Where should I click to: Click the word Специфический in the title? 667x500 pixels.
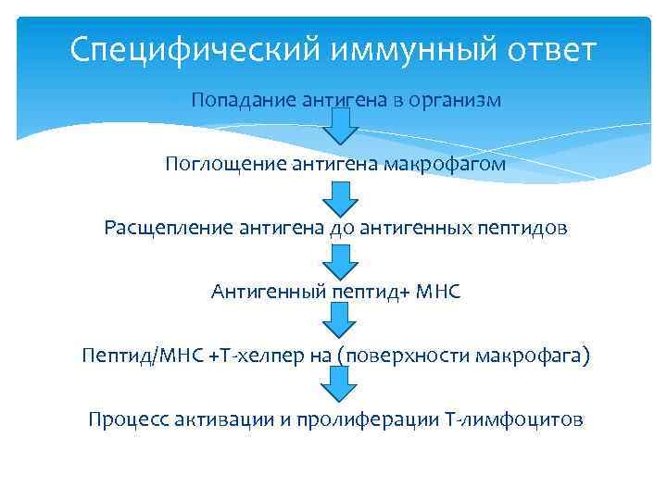(176, 48)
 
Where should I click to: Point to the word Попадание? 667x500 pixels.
(242, 100)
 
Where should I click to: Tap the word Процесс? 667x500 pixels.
(124, 419)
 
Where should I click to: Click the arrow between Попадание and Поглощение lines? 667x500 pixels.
(341, 127)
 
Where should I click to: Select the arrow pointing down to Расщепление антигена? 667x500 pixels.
(341, 195)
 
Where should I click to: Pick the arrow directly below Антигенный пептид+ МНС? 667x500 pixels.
(341, 320)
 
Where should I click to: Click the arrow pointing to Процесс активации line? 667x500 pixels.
(341, 384)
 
